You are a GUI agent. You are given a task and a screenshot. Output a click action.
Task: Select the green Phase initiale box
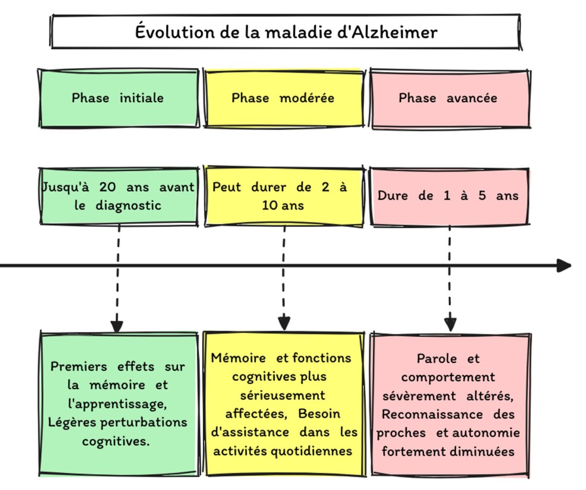click(118, 98)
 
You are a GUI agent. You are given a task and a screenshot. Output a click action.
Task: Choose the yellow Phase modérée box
click(283, 98)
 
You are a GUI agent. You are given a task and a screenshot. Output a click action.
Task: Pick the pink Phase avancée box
click(449, 98)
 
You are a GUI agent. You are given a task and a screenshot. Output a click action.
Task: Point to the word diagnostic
click(128, 205)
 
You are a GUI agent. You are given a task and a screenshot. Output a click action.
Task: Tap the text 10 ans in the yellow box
click(283, 205)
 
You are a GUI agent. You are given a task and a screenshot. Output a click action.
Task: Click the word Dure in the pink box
click(392, 196)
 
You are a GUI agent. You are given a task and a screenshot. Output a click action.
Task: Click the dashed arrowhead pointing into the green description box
click(117, 326)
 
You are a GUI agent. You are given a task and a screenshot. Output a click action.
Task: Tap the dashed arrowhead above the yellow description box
click(284, 323)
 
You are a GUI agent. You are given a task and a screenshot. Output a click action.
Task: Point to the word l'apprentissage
click(117, 404)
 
